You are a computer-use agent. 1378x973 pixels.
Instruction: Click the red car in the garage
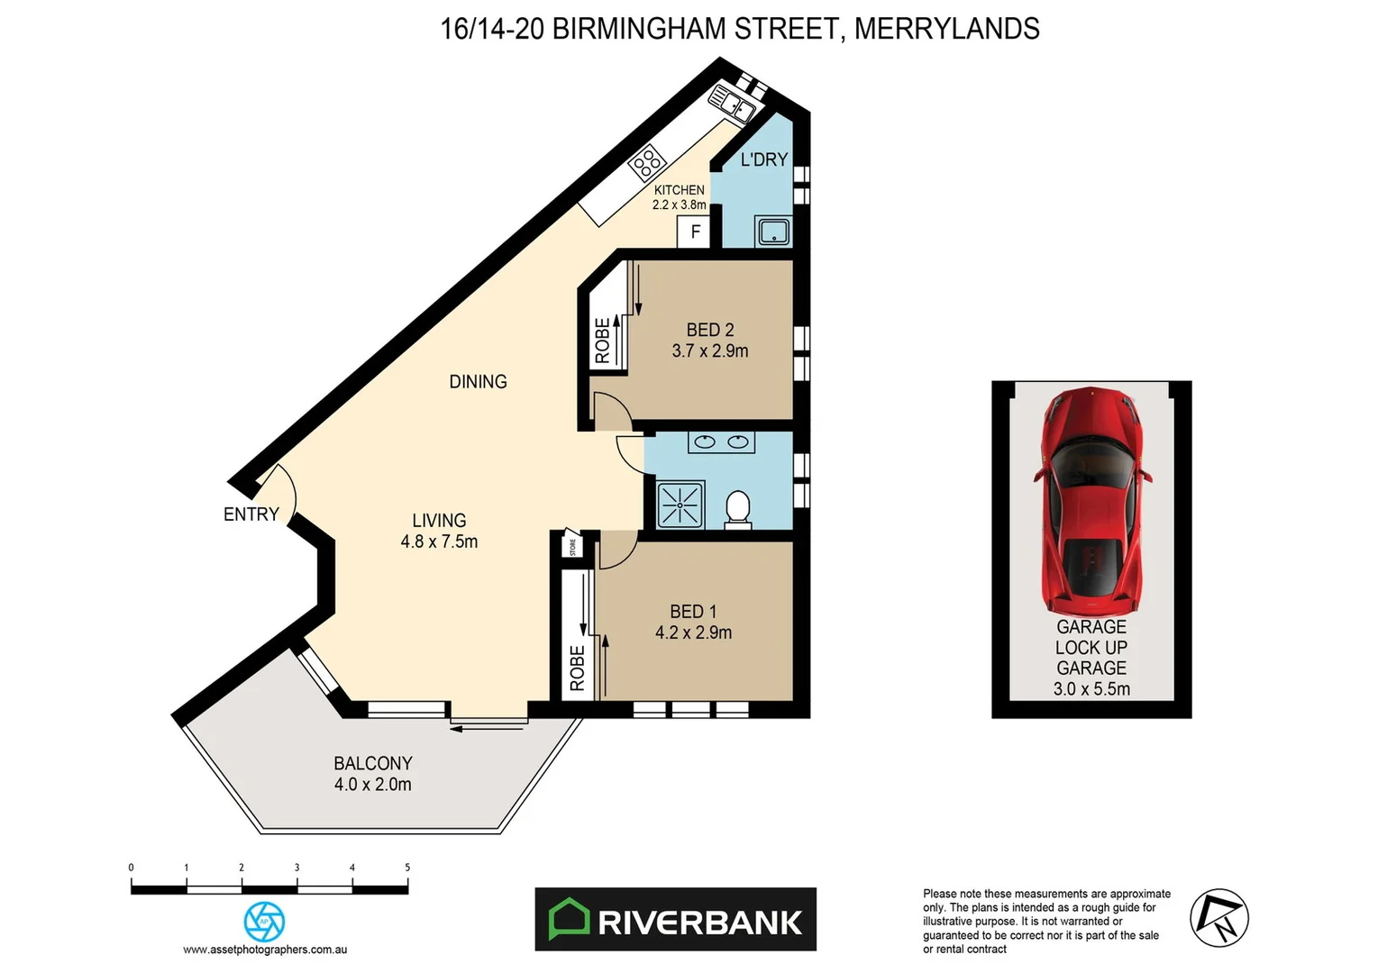tap(1091, 500)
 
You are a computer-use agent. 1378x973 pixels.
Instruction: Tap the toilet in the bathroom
tap(738, 508)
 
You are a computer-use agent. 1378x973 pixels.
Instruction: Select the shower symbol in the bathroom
tap(680, 505)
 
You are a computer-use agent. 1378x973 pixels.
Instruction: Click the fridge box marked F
tap(695, 232)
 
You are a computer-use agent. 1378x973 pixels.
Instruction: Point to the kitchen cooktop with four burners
tap(646, 164)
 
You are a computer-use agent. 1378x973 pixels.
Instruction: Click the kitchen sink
tap(733, 102)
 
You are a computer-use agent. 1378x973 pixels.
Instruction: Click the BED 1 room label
tap(693, 612)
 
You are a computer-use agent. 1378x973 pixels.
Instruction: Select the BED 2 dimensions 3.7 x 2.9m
tap(710, 351)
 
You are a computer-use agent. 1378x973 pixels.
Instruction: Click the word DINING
tap(478, 382)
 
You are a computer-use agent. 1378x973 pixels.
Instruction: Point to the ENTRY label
tap(251, 514)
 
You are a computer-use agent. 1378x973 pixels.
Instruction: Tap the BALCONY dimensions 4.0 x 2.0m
tap(372, 785)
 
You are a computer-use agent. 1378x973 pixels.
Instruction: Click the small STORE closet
tap(572, 546)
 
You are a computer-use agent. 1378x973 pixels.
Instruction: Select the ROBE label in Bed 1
tap(578, 668)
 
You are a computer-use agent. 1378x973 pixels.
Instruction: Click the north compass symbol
tap(1218, 918)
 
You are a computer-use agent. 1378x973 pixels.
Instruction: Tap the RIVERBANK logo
tap(675, 920)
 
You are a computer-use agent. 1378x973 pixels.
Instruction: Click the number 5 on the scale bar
tap(407, 868)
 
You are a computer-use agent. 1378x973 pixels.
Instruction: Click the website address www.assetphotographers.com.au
tap(265, 950)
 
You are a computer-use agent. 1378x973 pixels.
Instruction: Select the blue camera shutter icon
tap(265, 922)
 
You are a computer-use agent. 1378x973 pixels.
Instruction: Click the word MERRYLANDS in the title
tap(946, 29)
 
